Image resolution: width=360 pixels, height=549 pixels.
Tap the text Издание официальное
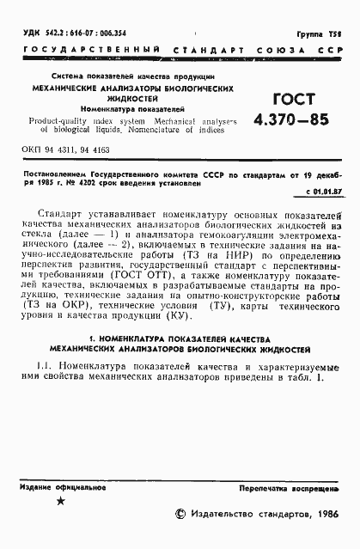click(60, 487)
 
